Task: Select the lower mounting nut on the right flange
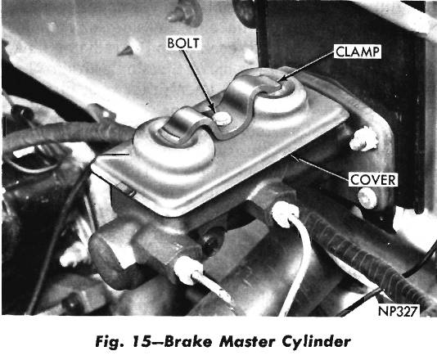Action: pyautogui.click(x=370, y=197)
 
